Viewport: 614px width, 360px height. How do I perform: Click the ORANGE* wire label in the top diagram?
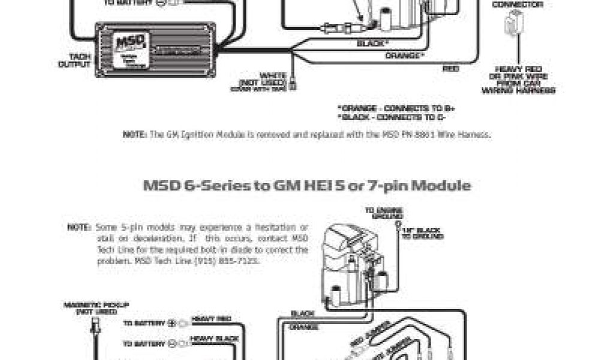tap(404, 55)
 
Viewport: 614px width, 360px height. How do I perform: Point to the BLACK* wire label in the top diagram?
tap(372, 43)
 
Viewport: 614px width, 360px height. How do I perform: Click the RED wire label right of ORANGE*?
tap(451, 68)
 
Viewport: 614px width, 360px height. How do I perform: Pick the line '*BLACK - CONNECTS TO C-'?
tap(387, 117)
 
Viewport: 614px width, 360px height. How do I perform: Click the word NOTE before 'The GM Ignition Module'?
tap(134, 136)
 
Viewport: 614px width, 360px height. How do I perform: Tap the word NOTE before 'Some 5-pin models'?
tap(80, 228)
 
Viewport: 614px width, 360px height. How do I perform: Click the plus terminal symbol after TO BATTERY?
tap(171, 323)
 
